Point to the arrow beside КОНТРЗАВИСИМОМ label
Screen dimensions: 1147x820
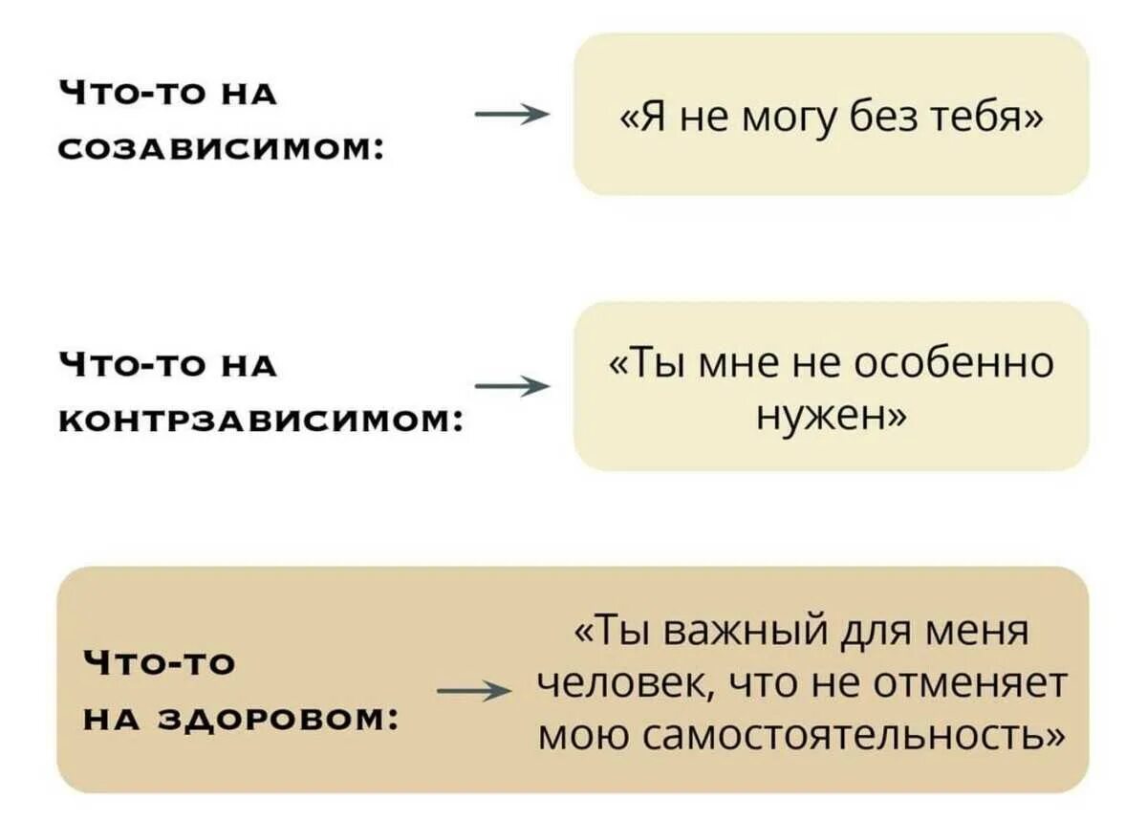[512, 386]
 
